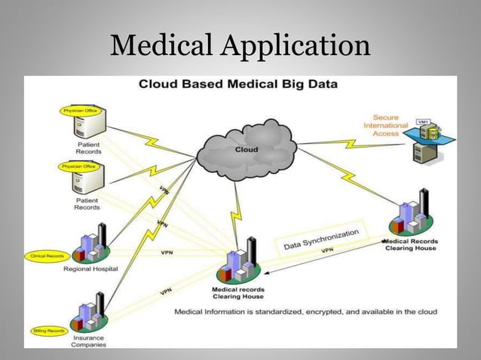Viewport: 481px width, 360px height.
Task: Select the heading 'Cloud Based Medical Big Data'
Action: [237, 84]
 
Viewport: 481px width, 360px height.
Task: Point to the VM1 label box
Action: [423, 121]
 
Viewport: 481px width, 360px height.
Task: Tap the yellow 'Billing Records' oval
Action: [48, 331]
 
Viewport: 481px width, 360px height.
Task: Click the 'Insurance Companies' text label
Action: [88, 342]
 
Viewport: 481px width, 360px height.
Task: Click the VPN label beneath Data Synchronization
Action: [328, 250]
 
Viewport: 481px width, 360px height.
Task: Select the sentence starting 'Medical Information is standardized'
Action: [305, 311]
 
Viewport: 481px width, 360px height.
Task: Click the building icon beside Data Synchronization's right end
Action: [410, 215]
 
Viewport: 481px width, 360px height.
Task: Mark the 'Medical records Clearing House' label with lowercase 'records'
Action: [237, 292]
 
